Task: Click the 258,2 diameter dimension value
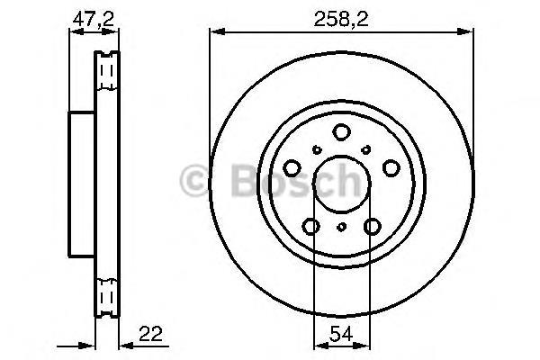pos(341,19)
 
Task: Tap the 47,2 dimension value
pos(93,19)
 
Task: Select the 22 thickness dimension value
pos(150,334)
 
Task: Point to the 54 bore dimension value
pos(341,334)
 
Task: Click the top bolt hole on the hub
pos(341,132)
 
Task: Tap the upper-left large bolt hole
pos(292,168)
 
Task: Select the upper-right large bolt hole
pos(391,168)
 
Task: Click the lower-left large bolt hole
pos(310,226)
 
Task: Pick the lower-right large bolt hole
pos(373,226)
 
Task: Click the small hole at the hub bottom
pos(341,227)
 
